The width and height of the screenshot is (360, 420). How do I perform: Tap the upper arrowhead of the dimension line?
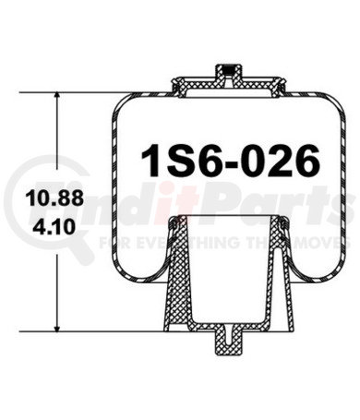(59, 96)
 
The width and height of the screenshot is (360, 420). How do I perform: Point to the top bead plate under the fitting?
(223, 87)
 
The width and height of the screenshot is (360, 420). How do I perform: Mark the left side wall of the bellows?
(115, 185)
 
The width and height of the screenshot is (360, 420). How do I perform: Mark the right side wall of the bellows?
(332, 185)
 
